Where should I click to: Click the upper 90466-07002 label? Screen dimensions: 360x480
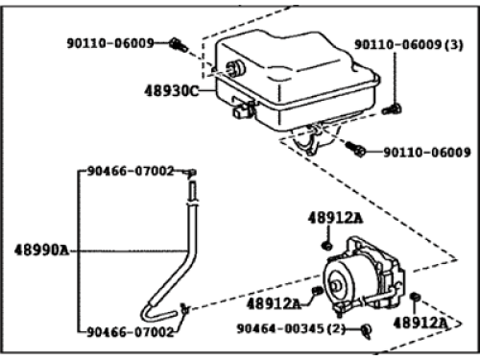pos(132,171)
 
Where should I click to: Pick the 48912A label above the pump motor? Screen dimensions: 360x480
pos(335,220)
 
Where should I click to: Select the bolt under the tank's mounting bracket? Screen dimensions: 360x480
pos(356,150)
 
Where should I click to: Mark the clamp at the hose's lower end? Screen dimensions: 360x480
pos(185,308)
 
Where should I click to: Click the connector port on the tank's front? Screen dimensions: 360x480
pos(241,110)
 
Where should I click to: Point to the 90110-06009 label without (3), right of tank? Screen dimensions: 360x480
pos(426,152)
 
